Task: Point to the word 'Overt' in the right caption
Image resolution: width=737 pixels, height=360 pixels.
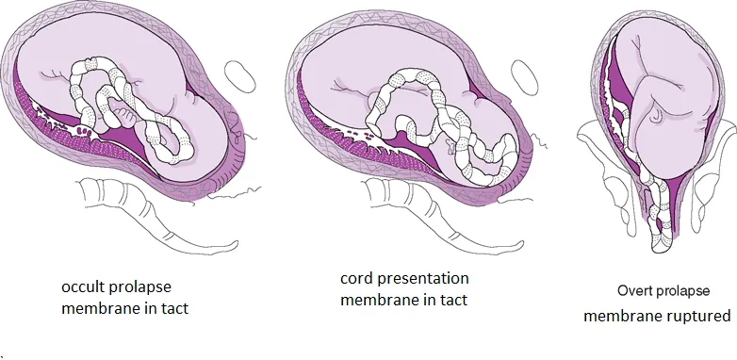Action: click(x=636, y=291)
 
